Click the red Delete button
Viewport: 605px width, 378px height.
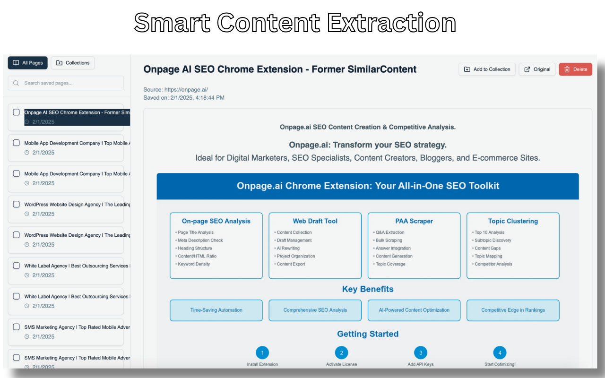pyautogui.click(x=575, y=69)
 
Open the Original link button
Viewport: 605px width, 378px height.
pyautogui.click(x=537, y=69)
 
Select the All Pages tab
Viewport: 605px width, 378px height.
pyautogui.click(x=28, y=63)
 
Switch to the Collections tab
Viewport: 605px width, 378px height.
pyautogui.click(x=73, y=63)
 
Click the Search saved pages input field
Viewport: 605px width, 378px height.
pyautogui.click(x=66, y=83)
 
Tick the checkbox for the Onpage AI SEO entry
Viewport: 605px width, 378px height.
pyautogui.click(x=16, y=112)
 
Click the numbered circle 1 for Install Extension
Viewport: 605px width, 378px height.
pyautogui.click(x=262, y=352)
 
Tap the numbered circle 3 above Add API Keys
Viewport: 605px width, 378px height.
pyautogui.click(x=420, y=352)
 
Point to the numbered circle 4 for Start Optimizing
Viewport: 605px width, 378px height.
pyautogui.click(x=500, y=352)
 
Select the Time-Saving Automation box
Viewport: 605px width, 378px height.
pyautogui.click(x=216, y=310)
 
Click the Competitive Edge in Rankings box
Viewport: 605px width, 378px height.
pyautogui.click(x=513, y=310)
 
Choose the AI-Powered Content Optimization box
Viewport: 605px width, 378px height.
pyautogui.click(x=414, y=310)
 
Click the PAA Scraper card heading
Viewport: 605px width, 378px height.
pyautogui.click(x=414, y=221)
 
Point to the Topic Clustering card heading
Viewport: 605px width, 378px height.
pyautogui.click(x=513, y=221)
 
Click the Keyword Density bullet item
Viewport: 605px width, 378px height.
pyautogui.click(x=194, y=264)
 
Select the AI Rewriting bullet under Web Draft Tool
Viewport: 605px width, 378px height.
pyautogui.click(x=288, y=248)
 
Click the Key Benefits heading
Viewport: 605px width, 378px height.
pyautogui.click(x=368, y=289)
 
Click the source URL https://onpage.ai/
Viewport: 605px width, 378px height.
pyautogui.click(x=186, y=89)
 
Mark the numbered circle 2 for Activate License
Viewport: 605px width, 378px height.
pyautogui.click(x=341, y=352)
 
